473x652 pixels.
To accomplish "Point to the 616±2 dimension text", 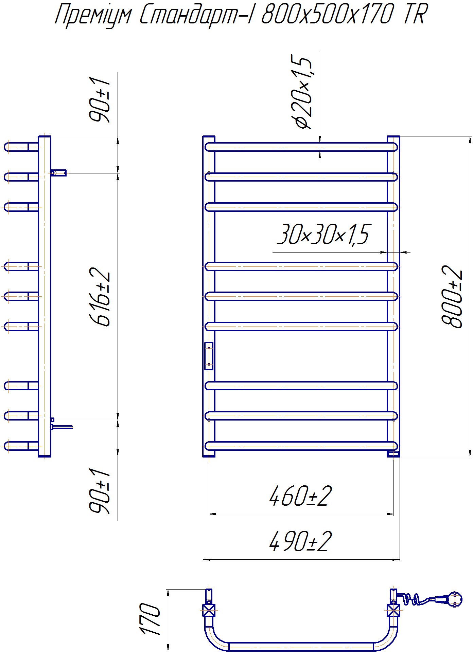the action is coord(100,297).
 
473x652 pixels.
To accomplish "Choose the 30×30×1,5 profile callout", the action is coord(323,234).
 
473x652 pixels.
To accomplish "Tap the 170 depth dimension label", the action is coord(150,619).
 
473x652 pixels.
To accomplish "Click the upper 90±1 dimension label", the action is coord(100,99).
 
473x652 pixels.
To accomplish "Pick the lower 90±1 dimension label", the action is coord(100,491).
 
